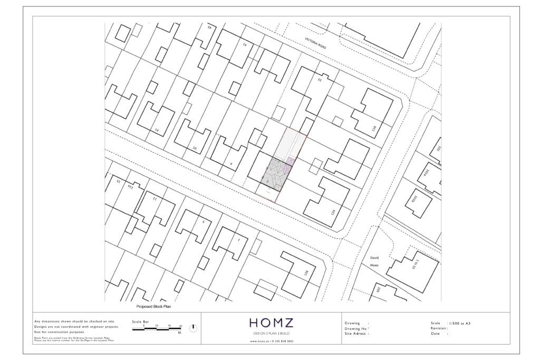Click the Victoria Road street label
pos(315,44)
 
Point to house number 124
pos(332,212)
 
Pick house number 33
pos(319,80)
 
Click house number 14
pos(157,130)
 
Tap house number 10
pos(195,149)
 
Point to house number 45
pos(209,26)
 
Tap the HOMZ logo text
pos(272,323)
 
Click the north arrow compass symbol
pos(193,328)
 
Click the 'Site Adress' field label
pos(356,334)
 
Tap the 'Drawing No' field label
pos(356,328)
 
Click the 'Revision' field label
pos(439,328)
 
